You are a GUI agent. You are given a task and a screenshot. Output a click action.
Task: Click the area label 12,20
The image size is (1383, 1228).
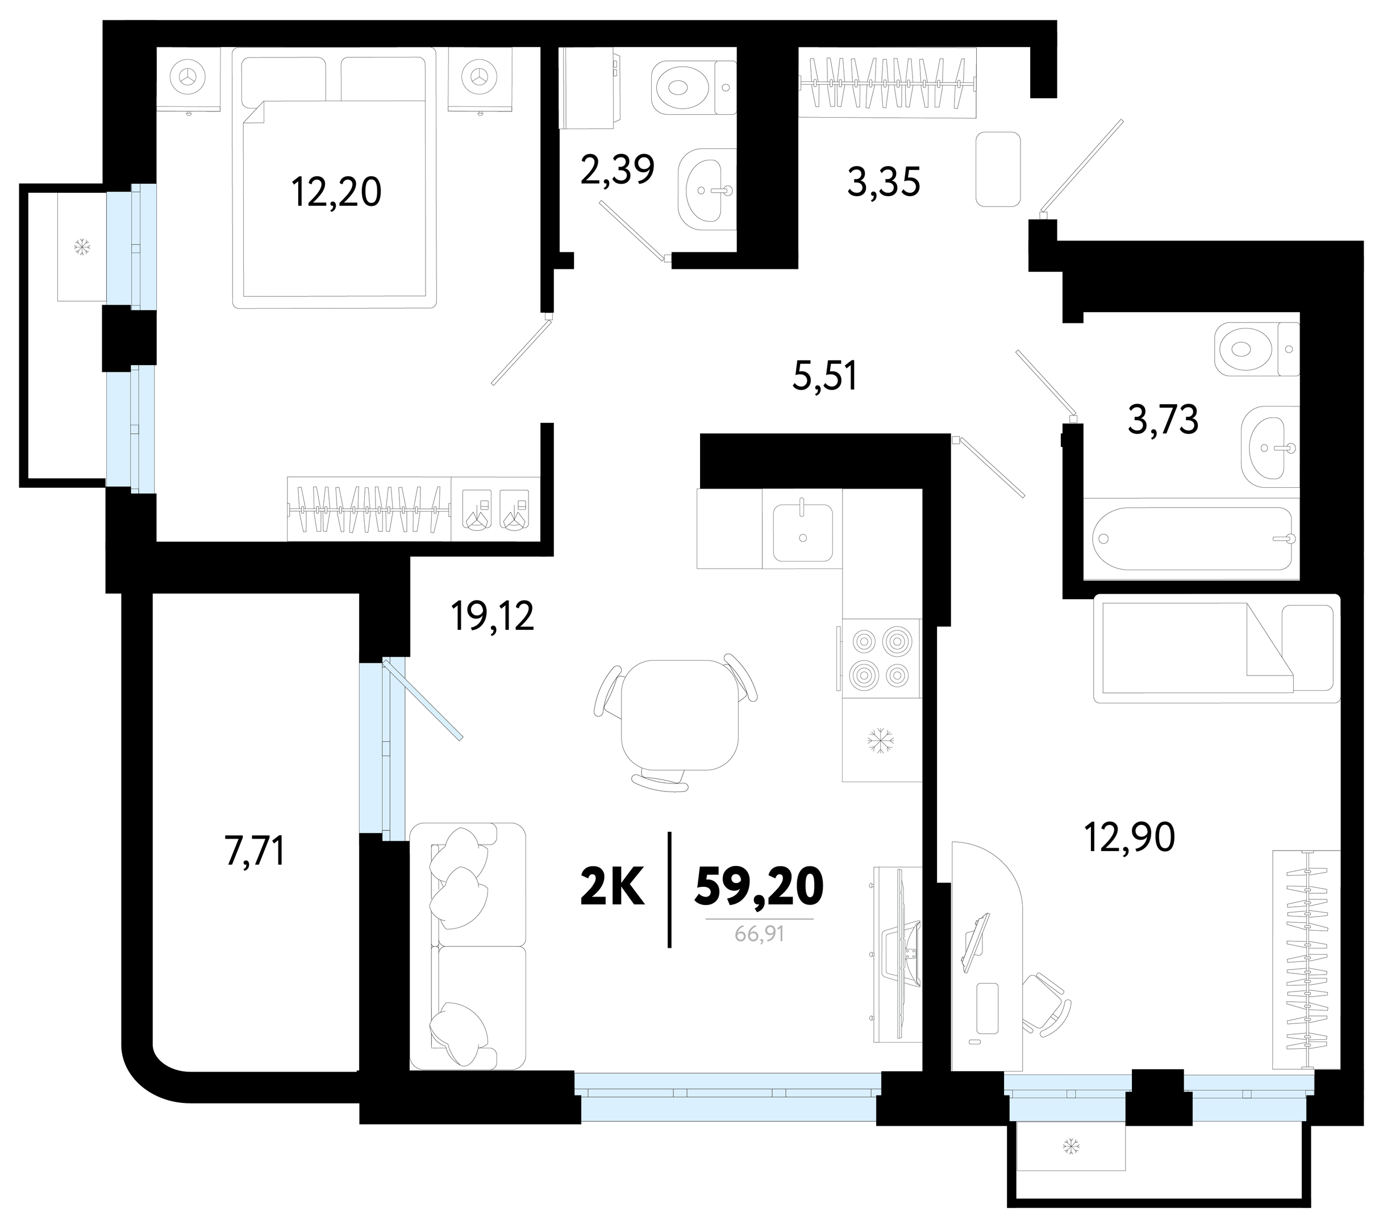pos(336,192)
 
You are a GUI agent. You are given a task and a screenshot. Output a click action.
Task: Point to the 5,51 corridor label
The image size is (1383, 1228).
pos(825,376)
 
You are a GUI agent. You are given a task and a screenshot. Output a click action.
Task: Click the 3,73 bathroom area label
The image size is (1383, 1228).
pos(1163,420)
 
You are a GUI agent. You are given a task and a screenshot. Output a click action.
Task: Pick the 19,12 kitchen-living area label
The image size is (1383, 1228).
pos(493,617)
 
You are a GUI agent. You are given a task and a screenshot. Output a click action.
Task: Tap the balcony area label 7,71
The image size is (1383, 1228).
pos(255,851)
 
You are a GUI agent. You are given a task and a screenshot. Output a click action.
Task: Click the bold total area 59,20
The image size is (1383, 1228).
pos(759,886)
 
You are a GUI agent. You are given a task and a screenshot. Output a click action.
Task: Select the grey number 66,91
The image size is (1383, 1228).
pos(759,934)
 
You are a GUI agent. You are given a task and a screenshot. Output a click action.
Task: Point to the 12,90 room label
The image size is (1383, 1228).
pos(1129,837)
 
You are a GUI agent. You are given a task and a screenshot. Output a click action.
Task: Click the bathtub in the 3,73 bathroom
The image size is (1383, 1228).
pos(1192,539)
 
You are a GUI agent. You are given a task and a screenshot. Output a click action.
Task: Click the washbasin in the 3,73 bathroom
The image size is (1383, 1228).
pos(1270,447)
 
